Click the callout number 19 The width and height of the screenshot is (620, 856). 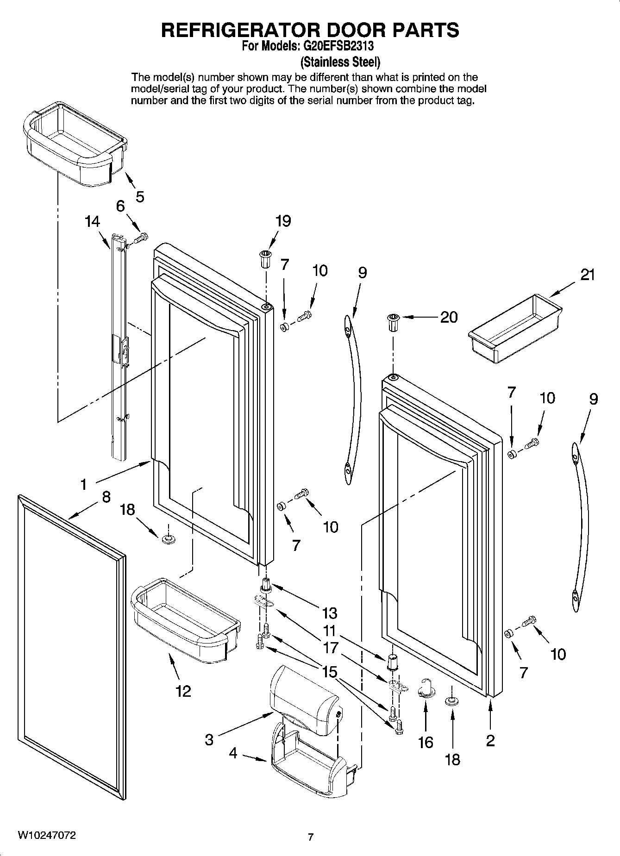point(283,221)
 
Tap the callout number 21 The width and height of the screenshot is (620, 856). point(587,275)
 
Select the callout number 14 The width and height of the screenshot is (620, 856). point(93,222)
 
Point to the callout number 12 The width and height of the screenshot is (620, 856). point(183,692)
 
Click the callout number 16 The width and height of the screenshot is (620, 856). point(425,743)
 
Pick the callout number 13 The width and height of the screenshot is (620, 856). point(329,613)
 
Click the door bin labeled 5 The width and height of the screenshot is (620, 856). point(74,144)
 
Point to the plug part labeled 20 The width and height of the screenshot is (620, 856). point(393,322)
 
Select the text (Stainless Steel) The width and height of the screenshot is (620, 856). point(340,62)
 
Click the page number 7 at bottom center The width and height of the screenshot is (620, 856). point(311,837)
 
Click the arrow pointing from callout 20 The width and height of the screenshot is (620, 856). point(420,317)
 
